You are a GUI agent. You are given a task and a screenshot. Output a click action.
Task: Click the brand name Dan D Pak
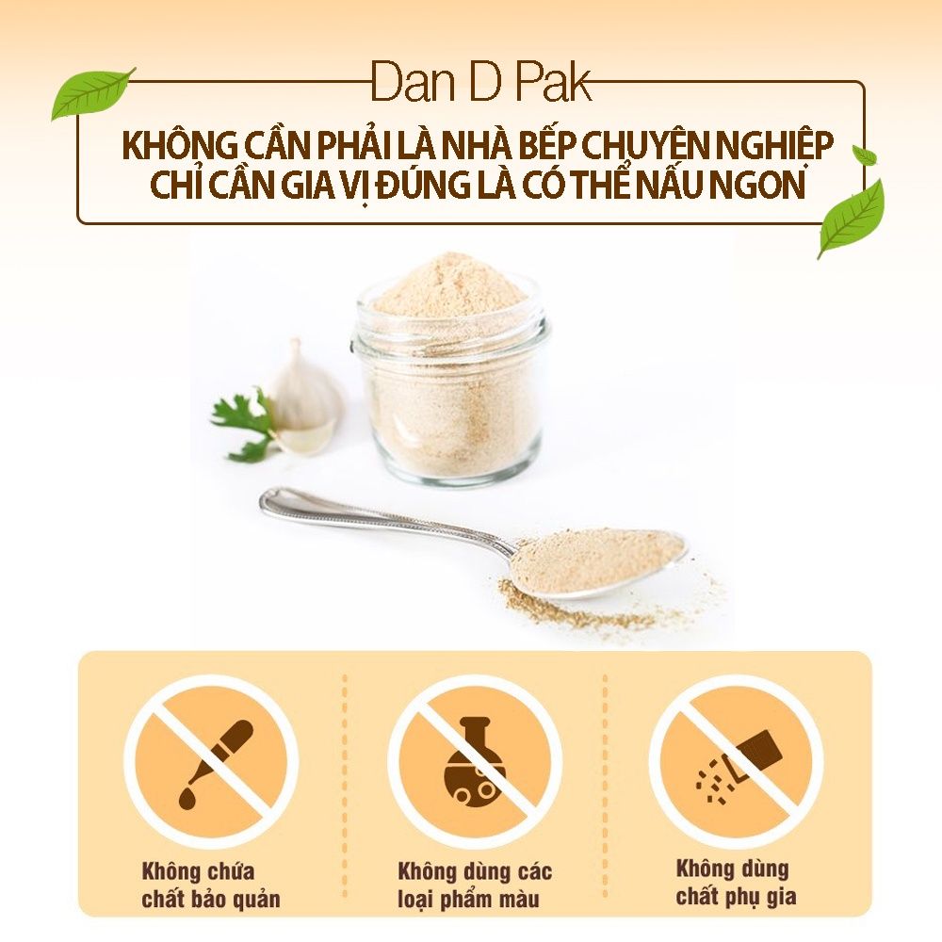481,83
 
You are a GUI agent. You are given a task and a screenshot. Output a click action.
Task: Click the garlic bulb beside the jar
301,396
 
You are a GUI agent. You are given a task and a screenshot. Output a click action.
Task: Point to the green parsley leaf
239,422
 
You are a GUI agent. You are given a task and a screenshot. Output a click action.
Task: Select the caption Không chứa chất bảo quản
211,885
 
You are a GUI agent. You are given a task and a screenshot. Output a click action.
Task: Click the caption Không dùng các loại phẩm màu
475,883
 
